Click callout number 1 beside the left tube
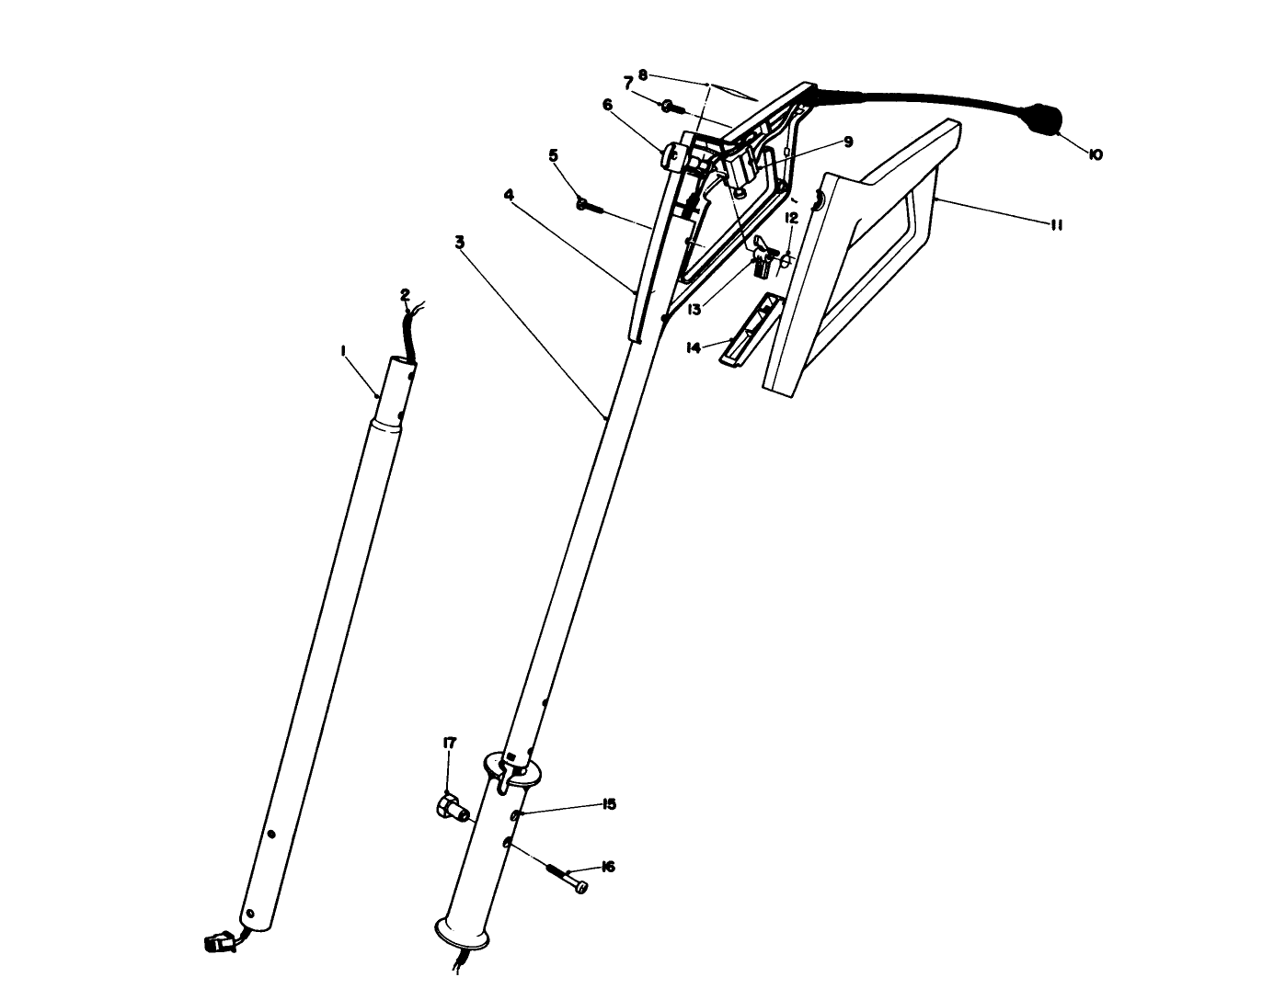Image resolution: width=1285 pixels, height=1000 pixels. click(342, 350)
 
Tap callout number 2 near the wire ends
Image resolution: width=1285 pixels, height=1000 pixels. click(405, 295)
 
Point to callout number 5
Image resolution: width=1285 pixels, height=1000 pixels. click(554, 155)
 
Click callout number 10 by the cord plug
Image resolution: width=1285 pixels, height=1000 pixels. click(1096, 155)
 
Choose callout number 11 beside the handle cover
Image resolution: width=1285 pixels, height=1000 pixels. click(1056, 224)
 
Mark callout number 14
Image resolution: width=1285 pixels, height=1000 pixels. click(694, 347)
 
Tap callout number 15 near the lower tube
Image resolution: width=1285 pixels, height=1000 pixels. click(608, 804)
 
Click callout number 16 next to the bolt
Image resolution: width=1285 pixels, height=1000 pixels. click(607, 867)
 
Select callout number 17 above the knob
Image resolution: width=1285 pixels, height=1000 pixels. click(449, 743)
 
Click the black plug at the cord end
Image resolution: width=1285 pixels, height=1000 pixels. click(1043, 119)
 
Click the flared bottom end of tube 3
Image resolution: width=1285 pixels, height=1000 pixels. click(465, 932)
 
